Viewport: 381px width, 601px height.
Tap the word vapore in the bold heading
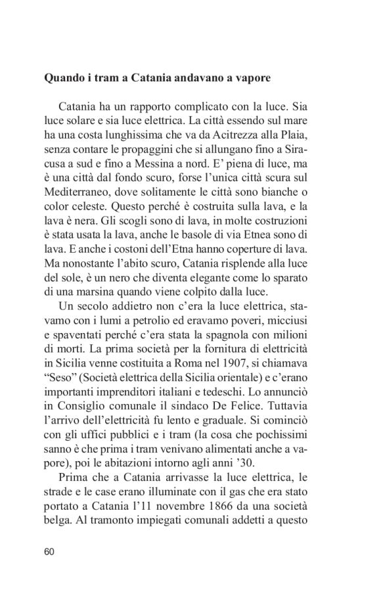coord(251,79)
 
